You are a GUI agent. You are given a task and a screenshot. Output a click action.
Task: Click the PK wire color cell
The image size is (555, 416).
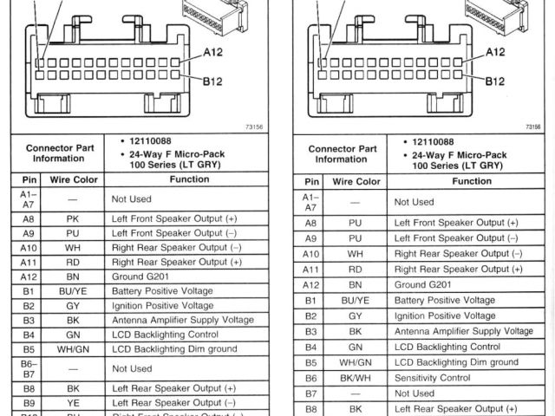pyautogui.click(x=73, y=220)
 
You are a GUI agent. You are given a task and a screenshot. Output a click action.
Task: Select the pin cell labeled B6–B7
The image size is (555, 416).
pyautogui.click(x=29, y=368)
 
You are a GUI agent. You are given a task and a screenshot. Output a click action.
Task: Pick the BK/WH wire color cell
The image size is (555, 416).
pyautogui.click(x=356, y=378)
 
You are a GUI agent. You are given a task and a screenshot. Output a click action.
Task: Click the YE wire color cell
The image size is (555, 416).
pyautogui.click(x=73, y=403)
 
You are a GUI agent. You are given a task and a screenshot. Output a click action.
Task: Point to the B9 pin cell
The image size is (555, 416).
pyautogui.click(x=29, y=403)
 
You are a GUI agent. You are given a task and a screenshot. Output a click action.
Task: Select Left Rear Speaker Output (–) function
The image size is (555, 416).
pyautogui.click(x=173, y=403)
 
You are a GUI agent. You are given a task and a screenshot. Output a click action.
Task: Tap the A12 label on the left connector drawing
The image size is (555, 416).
pyautogui.click(x=213, y=52)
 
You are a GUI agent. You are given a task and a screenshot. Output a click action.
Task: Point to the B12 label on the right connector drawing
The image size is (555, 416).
pyautogui.click(x=495, y=81)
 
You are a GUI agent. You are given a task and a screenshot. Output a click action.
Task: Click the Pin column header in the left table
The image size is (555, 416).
pyautogui.click(x=29, y=180)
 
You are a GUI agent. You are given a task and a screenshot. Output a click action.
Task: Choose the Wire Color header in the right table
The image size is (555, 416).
pyautogui.click(x=356, y=182)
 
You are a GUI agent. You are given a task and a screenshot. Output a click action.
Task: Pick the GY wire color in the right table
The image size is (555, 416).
pyautogui.click(x=356, y=316)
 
